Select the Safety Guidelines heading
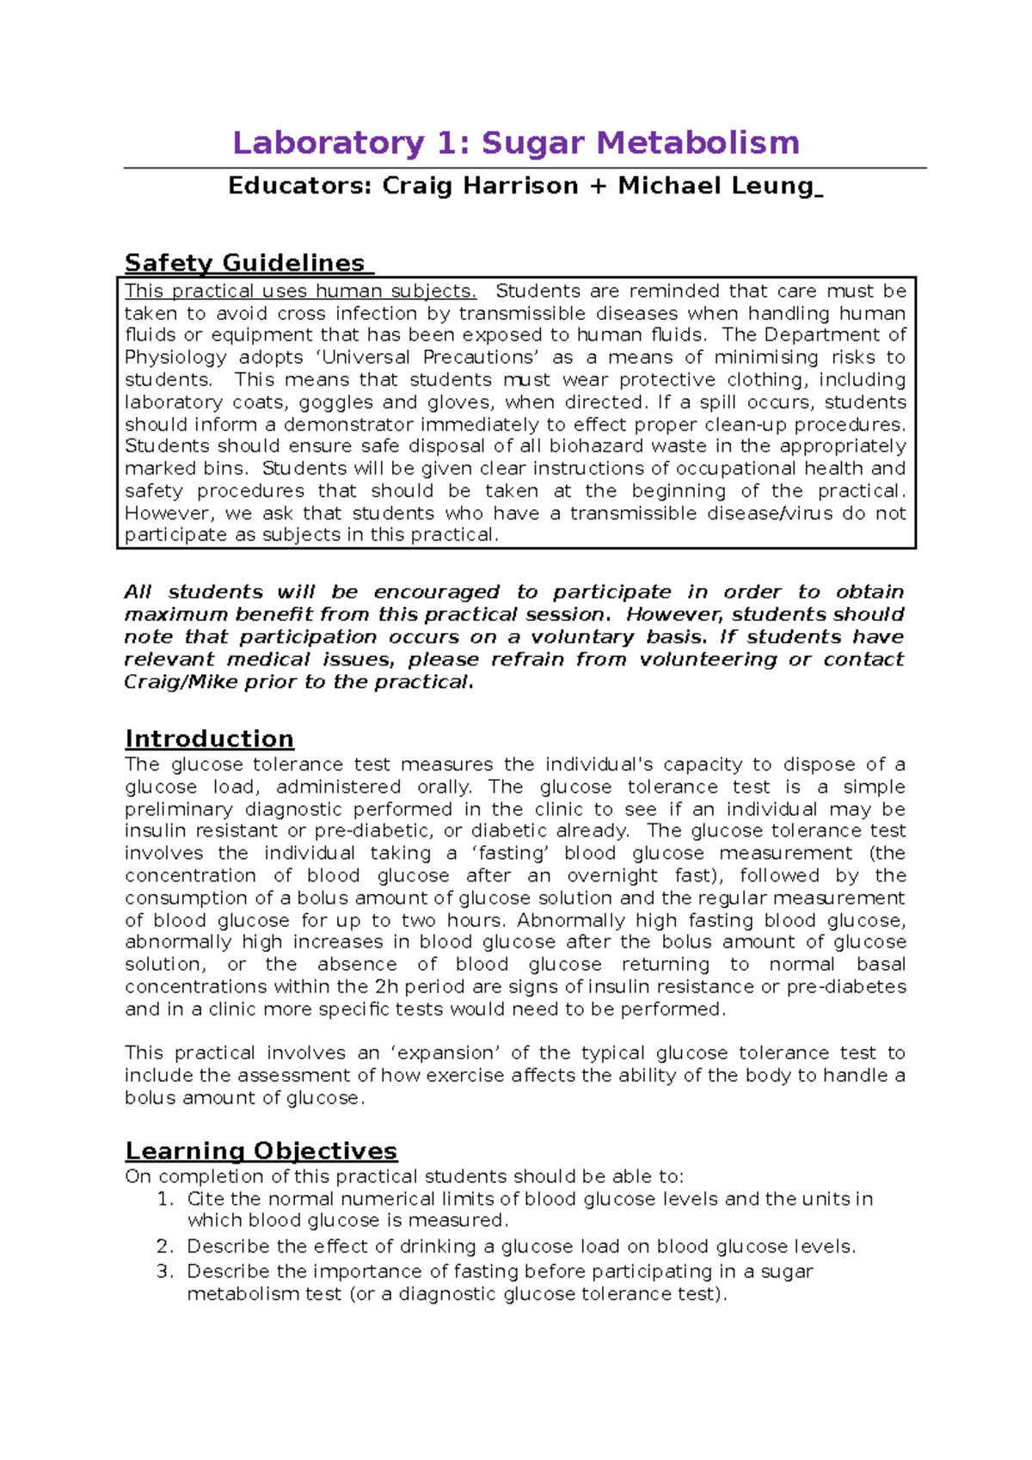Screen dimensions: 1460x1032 click(245, 263)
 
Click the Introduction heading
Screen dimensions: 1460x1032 click(209, 739)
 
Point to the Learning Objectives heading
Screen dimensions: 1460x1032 click(261, 1151)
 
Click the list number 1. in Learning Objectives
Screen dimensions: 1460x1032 click(166, 1199)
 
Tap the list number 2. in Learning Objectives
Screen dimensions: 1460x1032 click(166, 1247)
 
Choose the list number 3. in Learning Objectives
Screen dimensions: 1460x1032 click(166, 1272)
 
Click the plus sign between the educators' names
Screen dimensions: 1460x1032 click(598, 186)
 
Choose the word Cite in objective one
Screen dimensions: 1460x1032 click(206, 1199)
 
